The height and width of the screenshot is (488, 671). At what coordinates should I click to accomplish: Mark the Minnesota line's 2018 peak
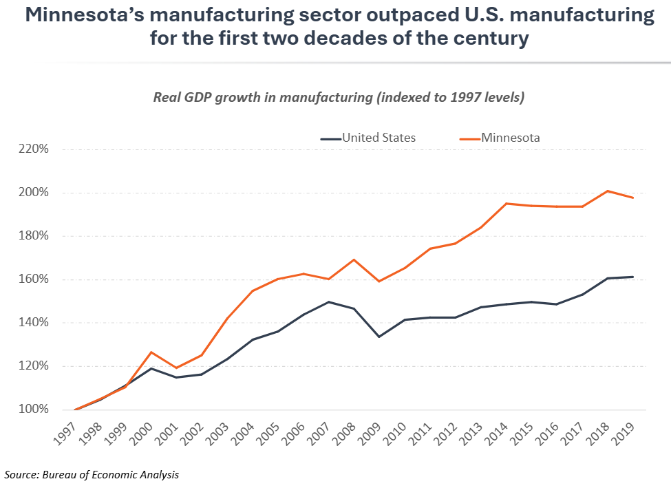(608, 191)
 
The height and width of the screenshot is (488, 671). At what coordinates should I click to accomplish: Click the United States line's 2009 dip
(379, 337)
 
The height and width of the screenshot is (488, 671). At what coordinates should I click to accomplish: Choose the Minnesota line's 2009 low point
(379, 281)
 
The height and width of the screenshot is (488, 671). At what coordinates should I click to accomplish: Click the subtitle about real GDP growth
(339, 97)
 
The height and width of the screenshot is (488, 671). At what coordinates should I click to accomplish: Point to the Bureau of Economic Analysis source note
(92, 474)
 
